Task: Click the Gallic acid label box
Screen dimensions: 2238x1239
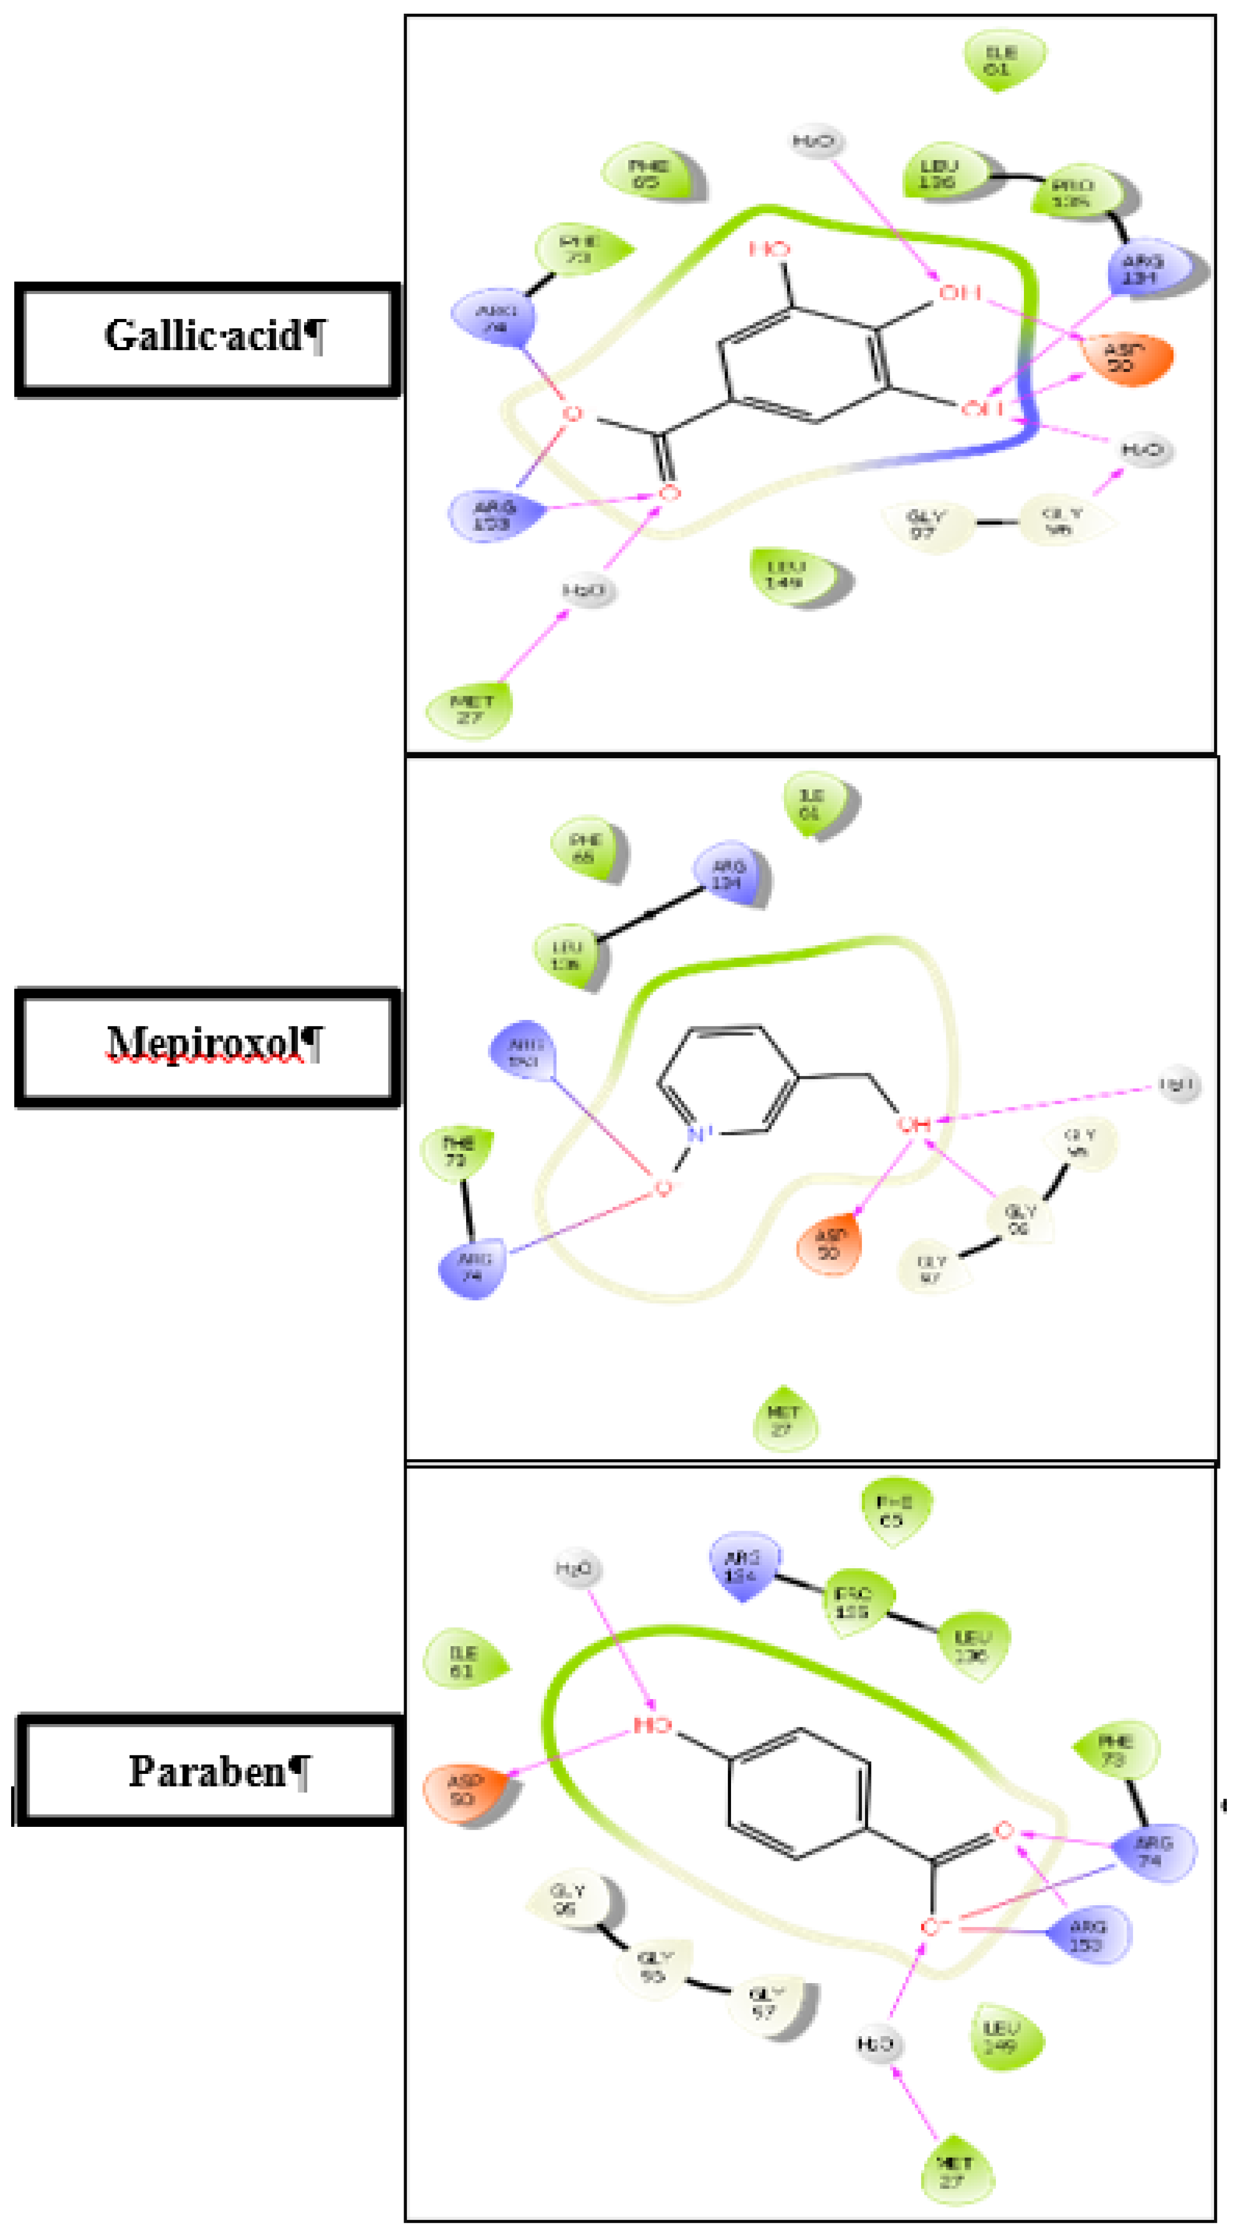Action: pos(209,339)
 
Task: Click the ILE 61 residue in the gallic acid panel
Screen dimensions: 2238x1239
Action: pos(1002,60)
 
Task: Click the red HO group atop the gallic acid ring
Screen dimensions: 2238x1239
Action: pos(770,250)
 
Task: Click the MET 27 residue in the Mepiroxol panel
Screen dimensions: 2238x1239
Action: pos(784,1419)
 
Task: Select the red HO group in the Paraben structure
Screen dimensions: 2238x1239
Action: pos(652,1725)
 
